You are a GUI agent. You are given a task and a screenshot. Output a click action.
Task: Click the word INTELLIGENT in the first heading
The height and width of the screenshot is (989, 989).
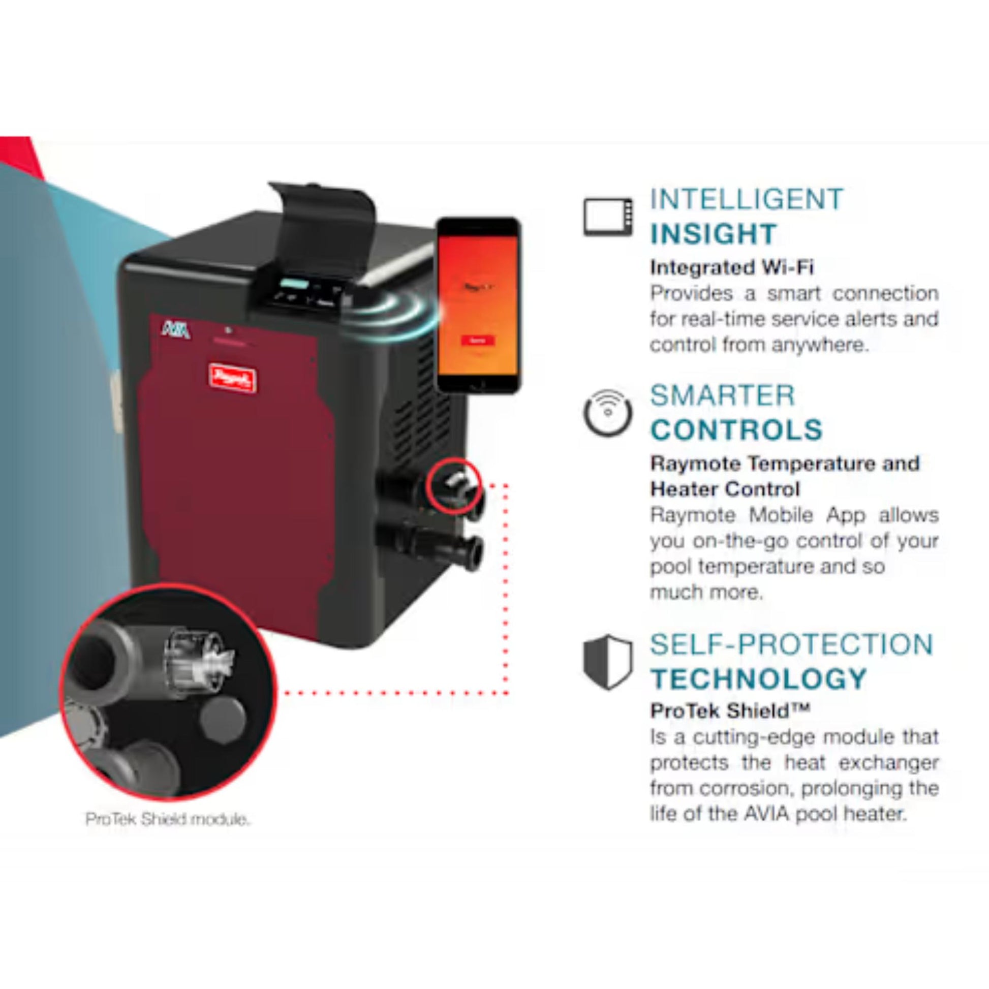(747, 200)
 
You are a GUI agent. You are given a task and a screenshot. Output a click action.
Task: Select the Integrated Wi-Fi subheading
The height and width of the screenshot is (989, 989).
(731, 267)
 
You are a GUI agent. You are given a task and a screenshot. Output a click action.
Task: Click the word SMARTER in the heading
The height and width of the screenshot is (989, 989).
(722, 396)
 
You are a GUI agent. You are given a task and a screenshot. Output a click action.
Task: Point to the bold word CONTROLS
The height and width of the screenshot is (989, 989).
(736, 429)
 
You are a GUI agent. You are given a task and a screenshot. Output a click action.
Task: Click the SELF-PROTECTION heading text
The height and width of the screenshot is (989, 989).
(791, 644)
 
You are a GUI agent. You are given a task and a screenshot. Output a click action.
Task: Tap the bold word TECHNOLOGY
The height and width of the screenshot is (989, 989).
(759, 679)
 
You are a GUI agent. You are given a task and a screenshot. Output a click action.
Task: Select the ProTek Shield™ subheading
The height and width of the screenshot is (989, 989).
(730, 710)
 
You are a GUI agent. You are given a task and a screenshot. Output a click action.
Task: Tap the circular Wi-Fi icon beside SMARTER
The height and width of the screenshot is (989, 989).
(608, 413)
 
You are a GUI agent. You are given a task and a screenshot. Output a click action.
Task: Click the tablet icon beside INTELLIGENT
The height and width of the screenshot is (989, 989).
(608, 217)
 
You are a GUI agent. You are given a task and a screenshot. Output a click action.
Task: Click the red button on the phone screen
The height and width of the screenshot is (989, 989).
(477, 341)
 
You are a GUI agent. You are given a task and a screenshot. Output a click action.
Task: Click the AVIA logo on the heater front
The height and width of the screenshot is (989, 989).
(175, 330)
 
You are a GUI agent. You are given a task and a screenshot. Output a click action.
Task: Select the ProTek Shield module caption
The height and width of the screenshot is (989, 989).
(167, 820)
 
